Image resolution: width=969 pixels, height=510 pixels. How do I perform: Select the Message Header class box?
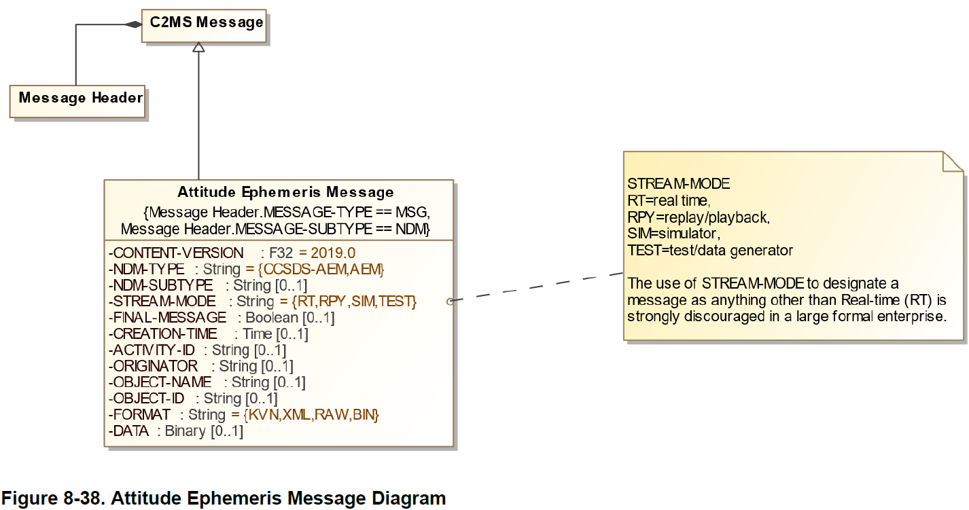coord(78,100)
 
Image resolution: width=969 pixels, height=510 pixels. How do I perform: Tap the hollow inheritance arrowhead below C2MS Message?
coord(198,48)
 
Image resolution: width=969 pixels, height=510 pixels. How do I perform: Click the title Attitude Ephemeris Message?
coord(285,192)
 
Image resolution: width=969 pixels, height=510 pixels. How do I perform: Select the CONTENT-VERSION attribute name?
coord(178,253)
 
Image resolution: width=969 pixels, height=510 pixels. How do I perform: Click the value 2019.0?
coord(333,253)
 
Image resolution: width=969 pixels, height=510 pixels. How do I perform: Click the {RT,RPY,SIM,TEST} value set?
coord(348,301)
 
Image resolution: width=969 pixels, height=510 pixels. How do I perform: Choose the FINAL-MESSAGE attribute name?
coord(170,317)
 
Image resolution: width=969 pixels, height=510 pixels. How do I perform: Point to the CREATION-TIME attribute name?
coord(165,333)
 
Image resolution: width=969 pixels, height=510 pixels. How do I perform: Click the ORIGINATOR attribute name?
coord(156,366)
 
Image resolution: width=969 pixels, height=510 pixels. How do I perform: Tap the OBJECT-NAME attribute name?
coord(162,382)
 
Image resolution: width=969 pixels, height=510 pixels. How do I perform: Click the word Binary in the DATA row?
coord(185,431)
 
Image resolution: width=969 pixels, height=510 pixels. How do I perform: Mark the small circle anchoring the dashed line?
coord(450,301)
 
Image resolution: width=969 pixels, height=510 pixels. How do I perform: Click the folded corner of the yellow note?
coord(953,162)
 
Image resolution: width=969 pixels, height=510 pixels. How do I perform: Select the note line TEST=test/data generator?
coord(709,250)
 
